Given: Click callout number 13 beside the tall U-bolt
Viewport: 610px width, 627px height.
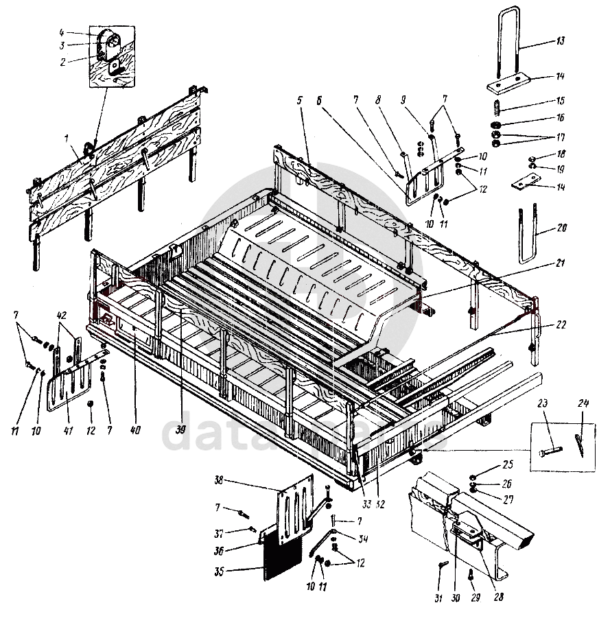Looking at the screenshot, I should click(561, 42).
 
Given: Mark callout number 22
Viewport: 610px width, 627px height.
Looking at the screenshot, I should click(561, 324).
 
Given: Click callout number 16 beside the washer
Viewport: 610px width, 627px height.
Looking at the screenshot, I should click(561, 117).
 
